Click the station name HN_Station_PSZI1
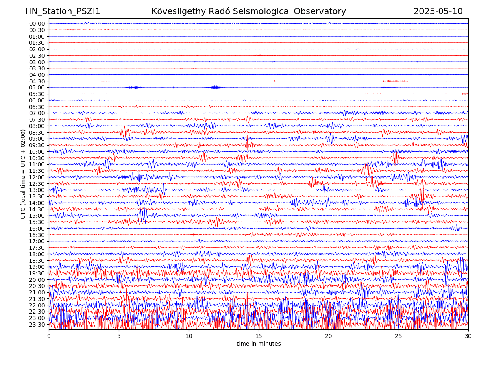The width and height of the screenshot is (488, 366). click(x=63, y=11)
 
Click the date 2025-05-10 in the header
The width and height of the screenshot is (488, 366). click(x=438, y=11)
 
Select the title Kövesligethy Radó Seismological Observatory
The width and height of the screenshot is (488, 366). click(x=249, y=11)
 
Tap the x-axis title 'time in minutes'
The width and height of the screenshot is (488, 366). click(x=259, y=344)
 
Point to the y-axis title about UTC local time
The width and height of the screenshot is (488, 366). click(x=23, y=174)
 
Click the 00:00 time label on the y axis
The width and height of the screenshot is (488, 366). click(x=37, y=24)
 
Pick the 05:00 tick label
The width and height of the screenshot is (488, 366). click(x=37, y=87)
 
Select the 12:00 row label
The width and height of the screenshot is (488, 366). click(x=37, y=177)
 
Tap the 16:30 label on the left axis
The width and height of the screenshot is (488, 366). click(x=37, y=235)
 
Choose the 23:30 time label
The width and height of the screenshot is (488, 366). click(x=37, y=325)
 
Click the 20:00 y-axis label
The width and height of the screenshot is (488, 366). click(x=37, y=280)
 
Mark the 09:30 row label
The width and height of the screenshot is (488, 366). click(x=37, y=145)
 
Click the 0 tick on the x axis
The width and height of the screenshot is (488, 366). click(x=49, y=336)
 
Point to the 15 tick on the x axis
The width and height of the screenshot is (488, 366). click(x=259, y=336)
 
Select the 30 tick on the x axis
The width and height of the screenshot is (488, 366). click(x=468, y=336)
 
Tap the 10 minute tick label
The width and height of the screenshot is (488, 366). click(x=189, y=336)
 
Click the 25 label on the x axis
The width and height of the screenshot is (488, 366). click(x=399, y=336)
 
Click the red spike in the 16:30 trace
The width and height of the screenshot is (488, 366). click(x=194, y=234)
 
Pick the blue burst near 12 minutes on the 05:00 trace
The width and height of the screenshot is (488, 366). click(x=216, y=87)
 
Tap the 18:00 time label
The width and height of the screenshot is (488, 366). click(x=37, y=254)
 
